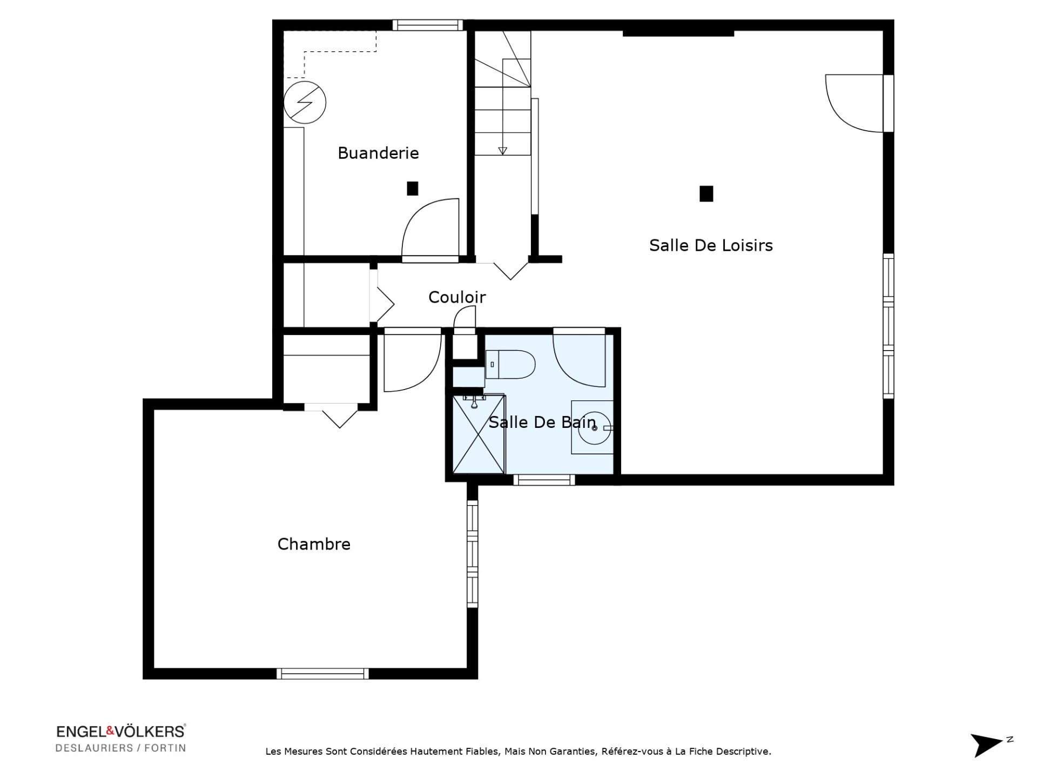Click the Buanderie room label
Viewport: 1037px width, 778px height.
[378, 153]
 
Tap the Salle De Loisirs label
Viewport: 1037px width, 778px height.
[711, 245]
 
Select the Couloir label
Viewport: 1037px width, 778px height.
[457, 297]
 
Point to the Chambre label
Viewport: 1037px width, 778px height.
[314, 544]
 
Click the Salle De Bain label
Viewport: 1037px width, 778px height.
[542, 422]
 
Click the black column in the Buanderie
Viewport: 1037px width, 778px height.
[413, 189]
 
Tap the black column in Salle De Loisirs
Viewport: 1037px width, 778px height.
[706, 193]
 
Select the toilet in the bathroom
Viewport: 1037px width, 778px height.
[510, 364]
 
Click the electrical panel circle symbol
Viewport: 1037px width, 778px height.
[305, 103]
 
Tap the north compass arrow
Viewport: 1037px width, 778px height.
[986, 745]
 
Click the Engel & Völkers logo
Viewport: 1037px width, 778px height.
[121, 738]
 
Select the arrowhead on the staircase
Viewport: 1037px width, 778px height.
[502, 151]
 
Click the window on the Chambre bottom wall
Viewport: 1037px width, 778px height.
[322, 674]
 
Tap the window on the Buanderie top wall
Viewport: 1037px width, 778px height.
[428, 25]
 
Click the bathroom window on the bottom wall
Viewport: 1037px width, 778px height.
[544, 480]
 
